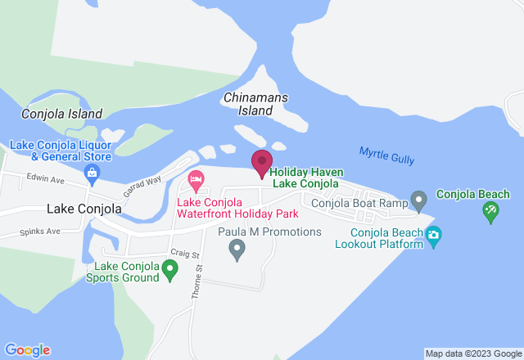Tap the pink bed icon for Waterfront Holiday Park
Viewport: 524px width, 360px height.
click(x=196, y=178)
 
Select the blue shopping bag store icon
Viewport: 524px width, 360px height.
click(x=92, y=173)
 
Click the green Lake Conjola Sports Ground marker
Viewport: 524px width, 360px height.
click(x=169, y=268)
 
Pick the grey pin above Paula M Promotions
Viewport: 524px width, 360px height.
click(x=237, y=248)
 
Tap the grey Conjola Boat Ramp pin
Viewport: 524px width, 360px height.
click(x=419, y=200)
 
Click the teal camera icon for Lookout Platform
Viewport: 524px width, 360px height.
click(x=433, y=236)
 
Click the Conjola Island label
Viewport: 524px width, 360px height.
click(x=62, y=115)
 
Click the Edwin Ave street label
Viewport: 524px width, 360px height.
click(x=44, y=178)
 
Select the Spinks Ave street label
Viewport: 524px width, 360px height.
click(x=42, y=232)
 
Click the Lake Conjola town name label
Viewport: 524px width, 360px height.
click(x=84, y=209)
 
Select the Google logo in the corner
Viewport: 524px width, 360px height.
click(x=26, y=350)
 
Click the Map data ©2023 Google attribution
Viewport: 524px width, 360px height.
click(x=473, y=353)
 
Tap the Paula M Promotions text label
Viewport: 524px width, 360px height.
click(x=269, y=232)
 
